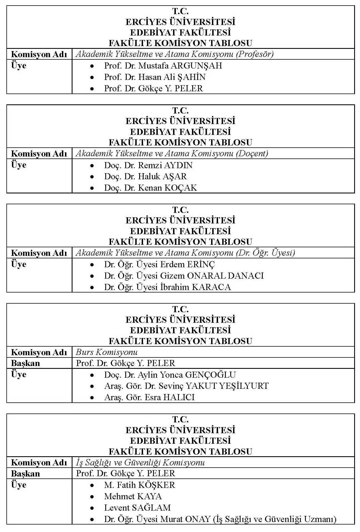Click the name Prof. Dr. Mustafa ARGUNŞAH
click(x=163, y=66)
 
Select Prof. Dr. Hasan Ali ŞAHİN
click(x=155, y=77)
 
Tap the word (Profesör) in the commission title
click(x=255, y=54)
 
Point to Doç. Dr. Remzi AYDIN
click(x=148, y=165)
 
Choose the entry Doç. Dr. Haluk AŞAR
click(x=145, y=177)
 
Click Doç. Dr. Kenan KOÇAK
click(x=150, y=188)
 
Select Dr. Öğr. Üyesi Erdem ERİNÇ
click(x=159, y=264)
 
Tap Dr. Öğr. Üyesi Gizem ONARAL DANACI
click(x=184, y=276)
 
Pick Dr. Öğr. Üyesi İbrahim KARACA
click(x=167, y=287)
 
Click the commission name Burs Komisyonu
click(x=107, y=352)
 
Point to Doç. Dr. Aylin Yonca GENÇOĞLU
click(x=170, y=375)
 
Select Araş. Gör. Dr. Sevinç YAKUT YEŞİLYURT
click(x=186, y=386)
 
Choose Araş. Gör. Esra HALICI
click(x=149, y=397)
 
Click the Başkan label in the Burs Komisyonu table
click(x=26, y=363)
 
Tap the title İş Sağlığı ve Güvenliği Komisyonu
click(x=140, y=462)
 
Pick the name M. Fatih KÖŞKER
click(x=139, y=485)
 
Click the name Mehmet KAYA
click(x=133, y=496)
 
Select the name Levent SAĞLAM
click(x=137, y=508)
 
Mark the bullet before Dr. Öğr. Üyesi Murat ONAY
click(x=92, y=519)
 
